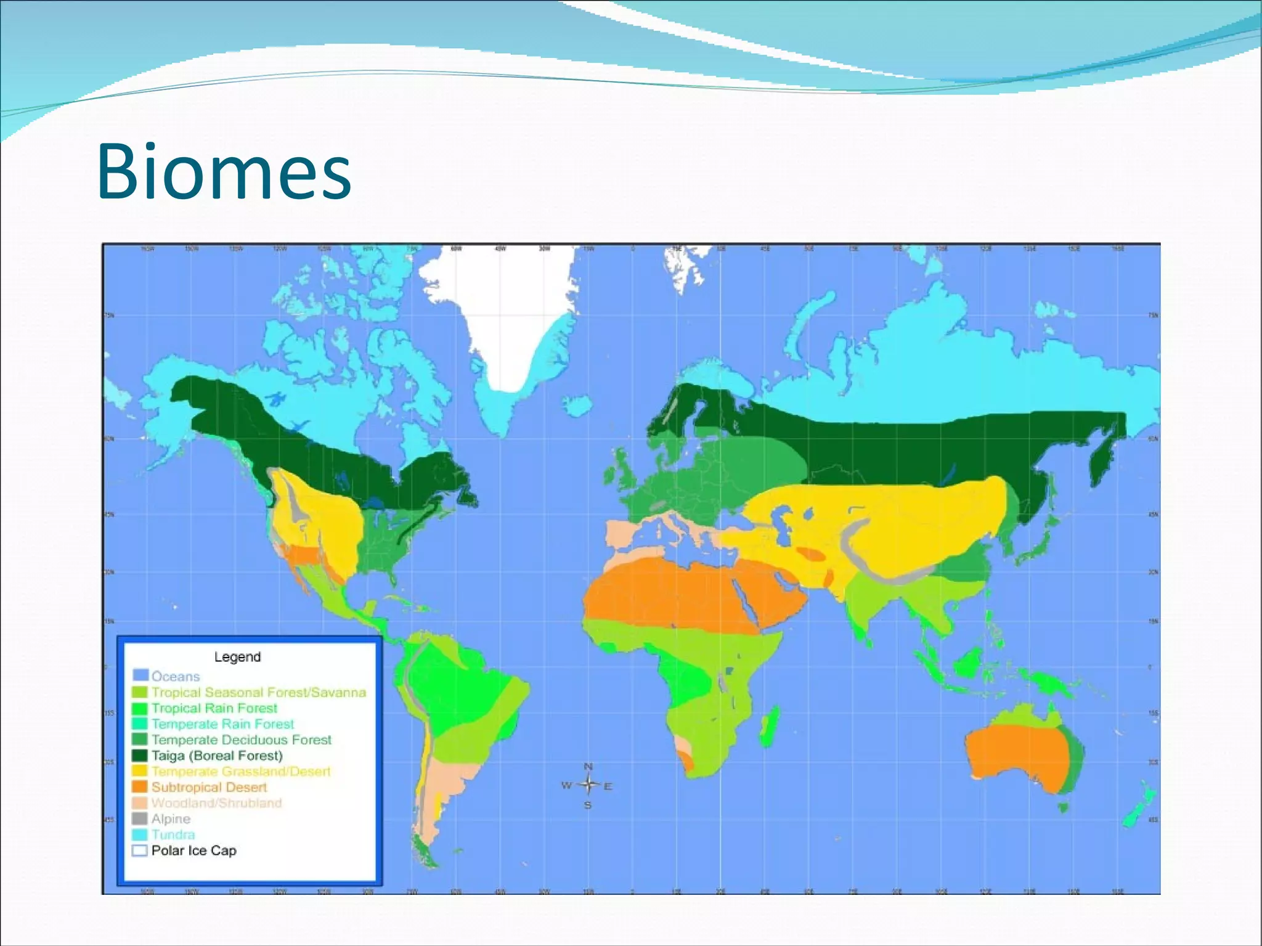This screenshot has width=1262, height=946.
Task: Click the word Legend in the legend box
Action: (237, 657)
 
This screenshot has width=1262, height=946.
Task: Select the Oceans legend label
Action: (176, 677)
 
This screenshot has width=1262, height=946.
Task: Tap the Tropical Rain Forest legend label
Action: (214, 708)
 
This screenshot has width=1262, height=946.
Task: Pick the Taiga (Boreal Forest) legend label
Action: (217, 756)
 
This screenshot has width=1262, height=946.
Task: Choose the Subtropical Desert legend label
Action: (209, 787)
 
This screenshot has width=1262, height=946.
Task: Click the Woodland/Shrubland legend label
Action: (216, 803)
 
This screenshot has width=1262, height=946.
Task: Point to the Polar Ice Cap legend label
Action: (193, 850)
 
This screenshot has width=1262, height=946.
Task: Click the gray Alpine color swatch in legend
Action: (140, 819)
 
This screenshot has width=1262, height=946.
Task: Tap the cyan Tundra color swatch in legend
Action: (140, 834)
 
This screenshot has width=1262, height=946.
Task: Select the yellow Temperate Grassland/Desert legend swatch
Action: (140, 771)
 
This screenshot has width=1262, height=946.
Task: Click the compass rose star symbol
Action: (588, 785)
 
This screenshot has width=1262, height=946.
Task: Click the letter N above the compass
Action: (588, 767)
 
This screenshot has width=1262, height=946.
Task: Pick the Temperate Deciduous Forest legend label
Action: (241, 740)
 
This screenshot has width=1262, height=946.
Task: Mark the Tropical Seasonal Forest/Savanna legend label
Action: (258, 693)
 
